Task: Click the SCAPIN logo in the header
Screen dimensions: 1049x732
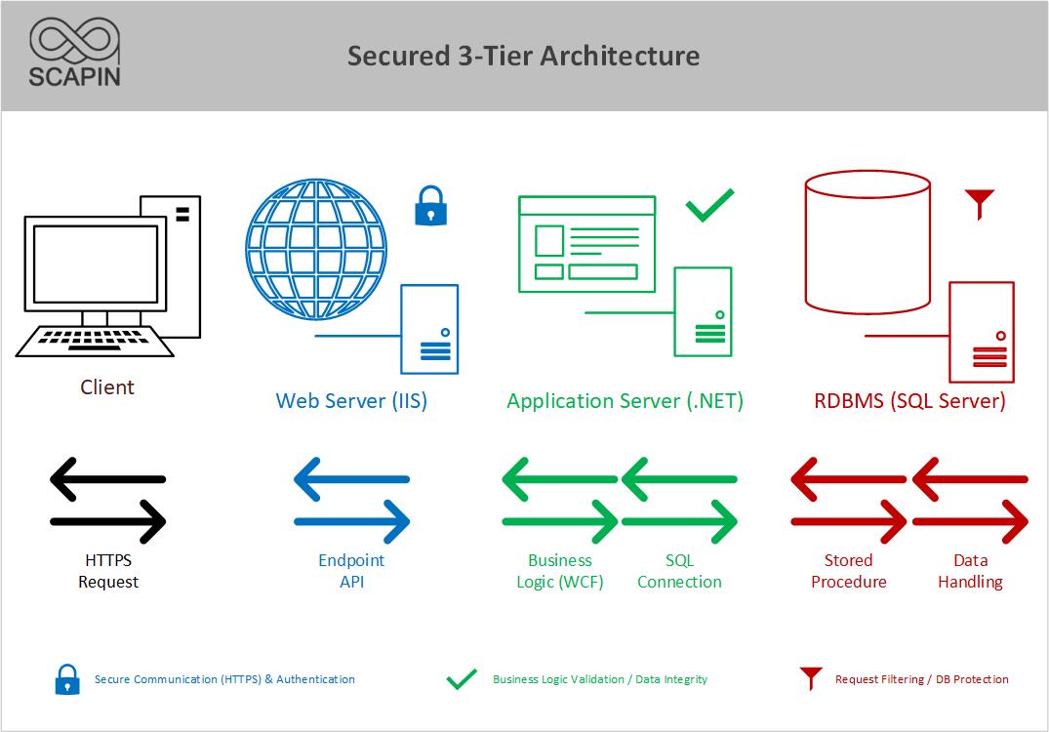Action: tap(74, 52)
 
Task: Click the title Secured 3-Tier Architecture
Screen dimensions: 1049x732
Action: tap(523, 56)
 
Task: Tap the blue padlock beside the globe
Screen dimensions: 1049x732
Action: tap(431, 205)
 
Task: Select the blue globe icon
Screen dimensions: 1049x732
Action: tap(316, 249)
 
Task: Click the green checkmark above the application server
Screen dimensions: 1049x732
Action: tap(709, 205)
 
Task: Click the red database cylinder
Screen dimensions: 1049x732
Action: tap(867, 242)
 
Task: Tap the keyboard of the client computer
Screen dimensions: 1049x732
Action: tap(95, 342)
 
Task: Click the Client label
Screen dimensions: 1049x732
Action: tap(107, 387)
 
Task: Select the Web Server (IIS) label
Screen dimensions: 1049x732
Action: tap(351, 401)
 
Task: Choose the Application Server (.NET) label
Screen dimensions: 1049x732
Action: tap(625, 401)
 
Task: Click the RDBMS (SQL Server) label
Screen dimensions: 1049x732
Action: tap(909, 401)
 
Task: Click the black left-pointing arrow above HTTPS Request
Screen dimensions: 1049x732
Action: tap(107, 479)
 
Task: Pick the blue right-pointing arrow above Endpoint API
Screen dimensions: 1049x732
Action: tap(352, 521)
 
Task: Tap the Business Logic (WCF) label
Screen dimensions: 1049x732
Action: tap(560, 571)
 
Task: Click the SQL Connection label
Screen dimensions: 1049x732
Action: tap(680, 571)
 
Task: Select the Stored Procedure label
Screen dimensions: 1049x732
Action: tap(848, 571)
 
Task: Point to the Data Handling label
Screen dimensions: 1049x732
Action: tap(970, 571)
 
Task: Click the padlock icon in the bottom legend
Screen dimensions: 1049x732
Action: tap(67, 679)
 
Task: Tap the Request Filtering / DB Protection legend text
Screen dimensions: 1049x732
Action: tap(922, 679)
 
